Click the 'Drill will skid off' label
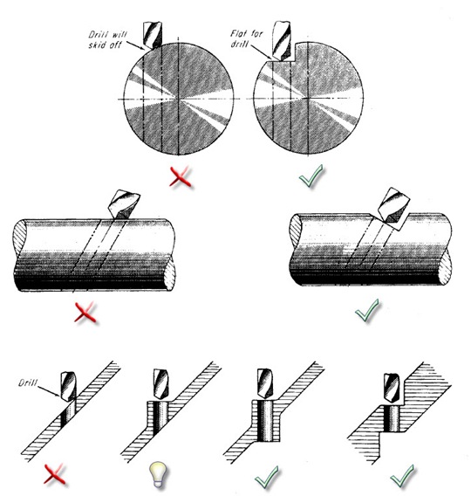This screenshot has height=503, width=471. (108, 39)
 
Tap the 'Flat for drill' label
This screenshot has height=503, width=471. (246, 38)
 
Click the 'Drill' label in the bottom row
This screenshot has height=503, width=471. (28, 382)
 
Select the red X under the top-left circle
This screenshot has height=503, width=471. (181, 176)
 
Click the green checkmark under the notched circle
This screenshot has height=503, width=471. (311, 176)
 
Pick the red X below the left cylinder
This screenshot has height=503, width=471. (85, 312)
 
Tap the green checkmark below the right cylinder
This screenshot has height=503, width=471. (367, 310)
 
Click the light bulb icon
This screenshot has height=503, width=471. (158, 475)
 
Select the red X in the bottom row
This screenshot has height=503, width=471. (55, 474)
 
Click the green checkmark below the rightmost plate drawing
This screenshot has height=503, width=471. (402, 477)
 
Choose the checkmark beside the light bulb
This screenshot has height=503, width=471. (267, 478)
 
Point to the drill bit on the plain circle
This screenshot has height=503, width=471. (153, 35)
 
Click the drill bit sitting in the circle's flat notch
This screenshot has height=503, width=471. (282, 41)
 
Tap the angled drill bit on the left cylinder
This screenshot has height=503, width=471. (125, 204)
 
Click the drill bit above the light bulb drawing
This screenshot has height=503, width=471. (160, 384)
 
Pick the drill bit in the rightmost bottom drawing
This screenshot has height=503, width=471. (392, 389)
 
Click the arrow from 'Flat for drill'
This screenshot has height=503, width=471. (261, 52)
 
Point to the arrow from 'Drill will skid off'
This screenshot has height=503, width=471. (136, 45)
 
